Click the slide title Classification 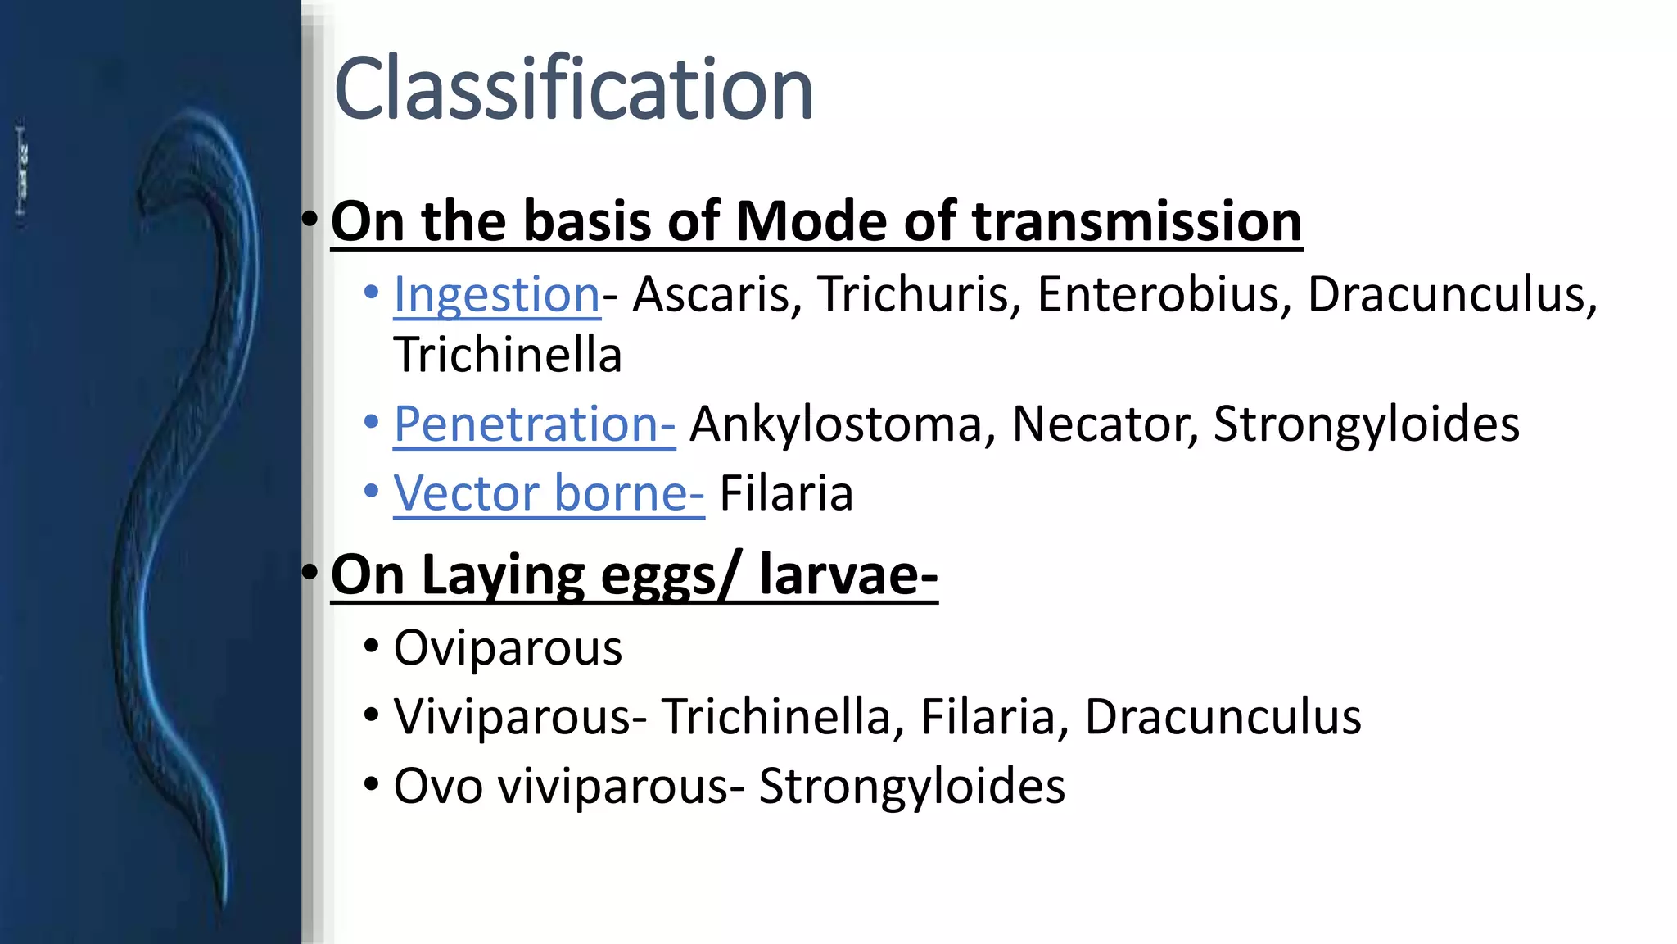pyautogui.click(x=573, y=88)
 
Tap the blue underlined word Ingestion pyautogui.click(x=496, y=294)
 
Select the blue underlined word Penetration pyautogui.click(x=533, y=424)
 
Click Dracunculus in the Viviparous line pyautogui.click(x=1223, y=717)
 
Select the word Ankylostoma pyautogui.click(x=835, y=424)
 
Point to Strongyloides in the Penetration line pyautogui.click(x=1366, y=424)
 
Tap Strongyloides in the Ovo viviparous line pyautogui.click(x=911, y=787)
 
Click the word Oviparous pyautogui.click(x=508, y=648)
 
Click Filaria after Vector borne pyautogui.click(x=786, y=493)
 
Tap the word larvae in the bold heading pyautogui.click(x=848, y=575)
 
